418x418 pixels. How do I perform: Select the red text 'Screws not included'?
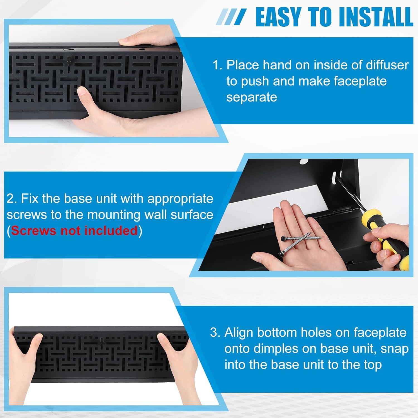pyautogui.click(x=74, y=231)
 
